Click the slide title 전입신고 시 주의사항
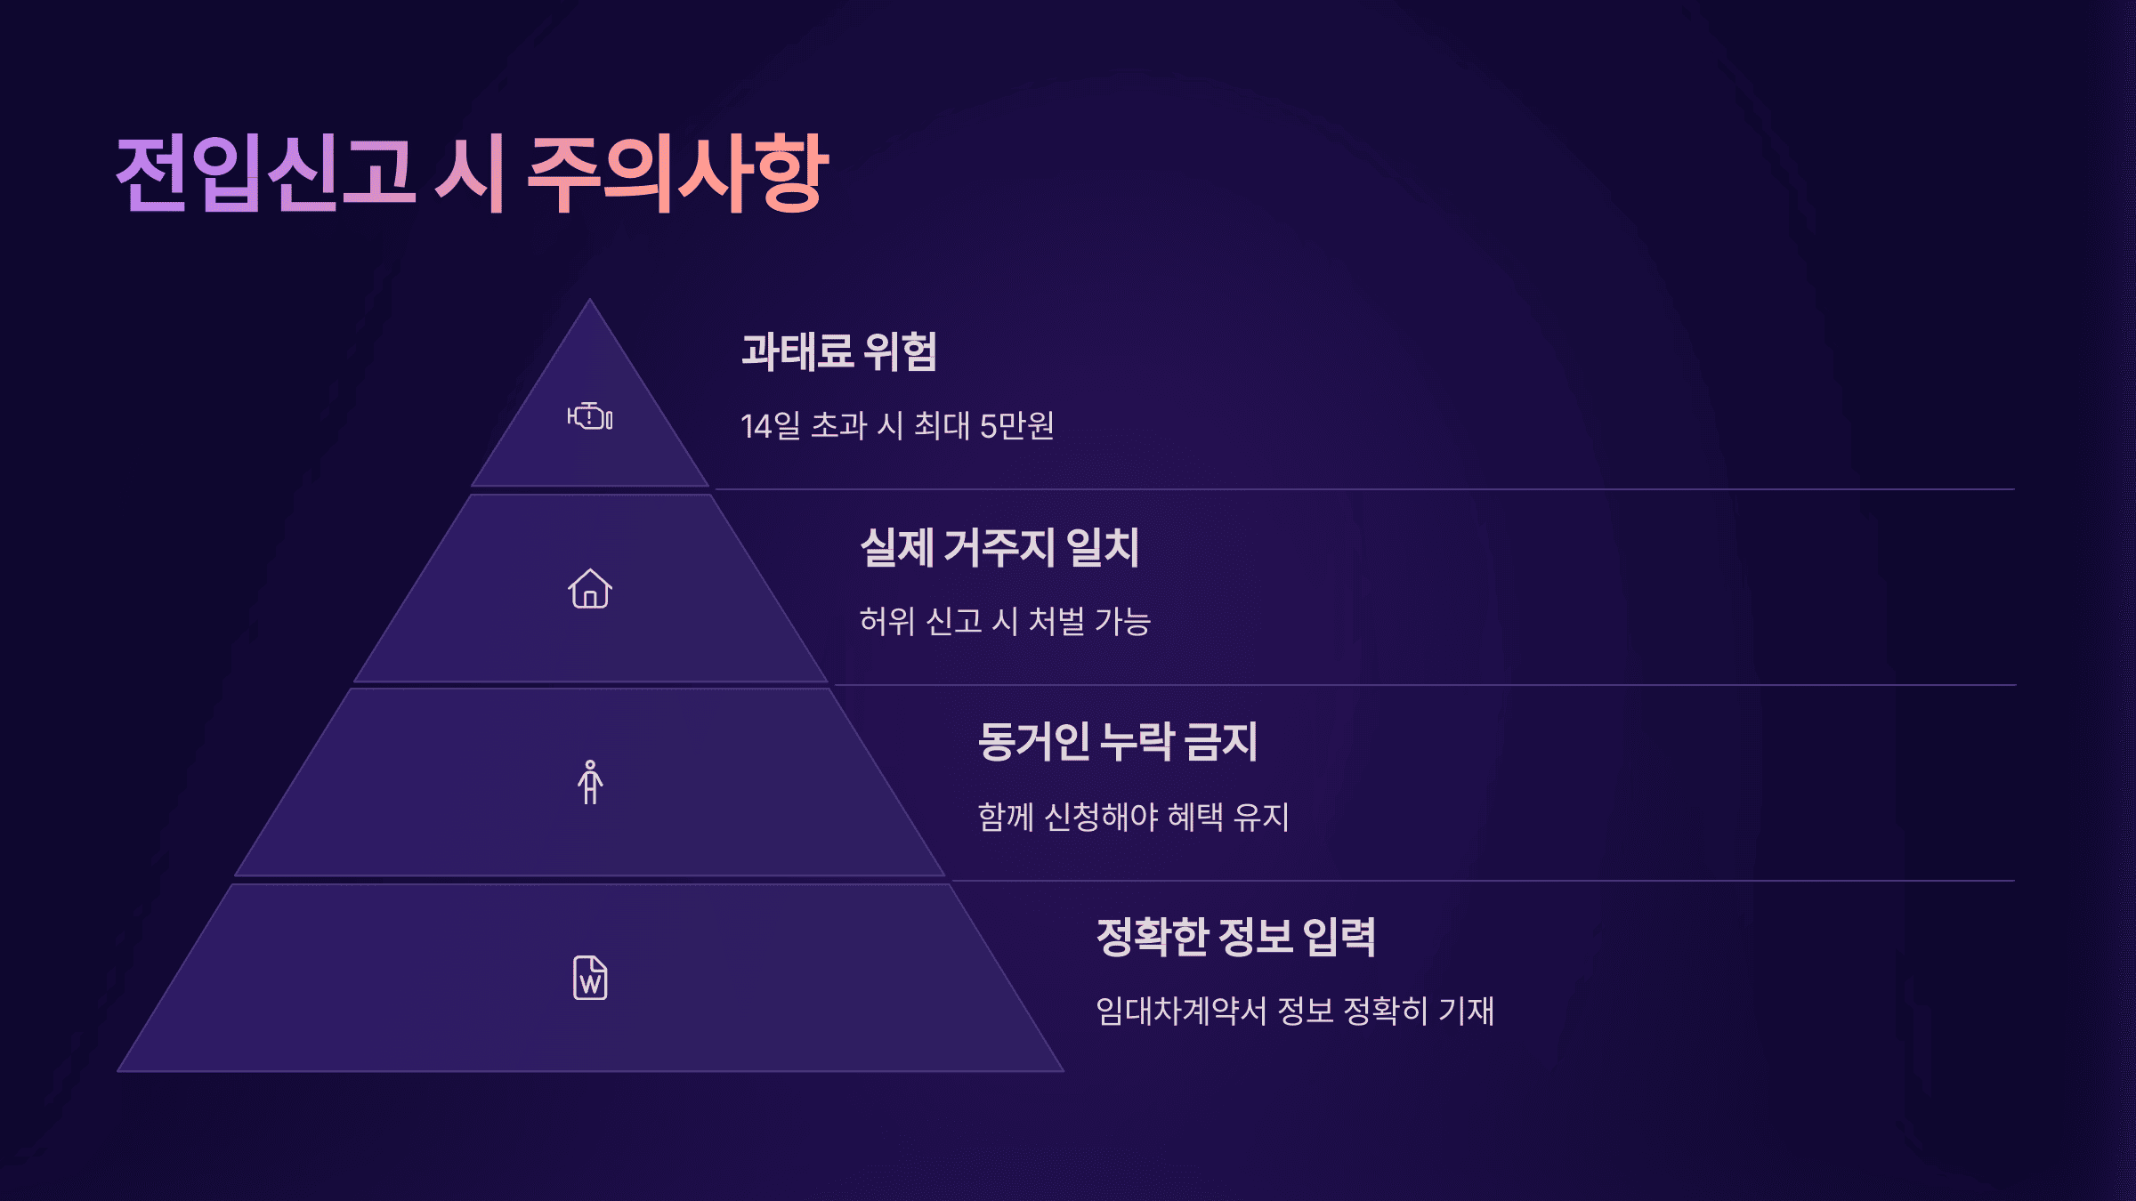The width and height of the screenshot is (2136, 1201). tap(472, 174)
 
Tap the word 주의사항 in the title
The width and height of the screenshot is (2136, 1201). tap(678, 174)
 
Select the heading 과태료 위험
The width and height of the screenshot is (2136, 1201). tap(839, 351)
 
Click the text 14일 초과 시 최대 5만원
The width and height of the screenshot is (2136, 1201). tap(897, 426)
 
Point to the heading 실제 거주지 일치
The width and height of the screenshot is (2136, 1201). tap(999, 547)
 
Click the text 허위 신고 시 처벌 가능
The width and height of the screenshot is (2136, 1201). tap(1005, 621)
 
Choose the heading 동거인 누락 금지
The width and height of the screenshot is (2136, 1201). tap(1118, 742)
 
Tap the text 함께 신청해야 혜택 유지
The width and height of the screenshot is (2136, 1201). tap(1133, 817)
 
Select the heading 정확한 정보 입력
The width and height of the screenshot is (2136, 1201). tap(1236, 937)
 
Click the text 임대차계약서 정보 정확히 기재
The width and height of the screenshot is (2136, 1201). tap(1295, 1012)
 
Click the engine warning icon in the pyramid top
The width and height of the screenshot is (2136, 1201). tap(590, 416)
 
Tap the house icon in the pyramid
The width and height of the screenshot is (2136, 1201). tap(590, 589)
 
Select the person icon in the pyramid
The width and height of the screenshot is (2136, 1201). tap(590, 783)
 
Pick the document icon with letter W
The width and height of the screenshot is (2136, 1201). tap(590, 978)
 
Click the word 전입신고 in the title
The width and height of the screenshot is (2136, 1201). tap(265, 174)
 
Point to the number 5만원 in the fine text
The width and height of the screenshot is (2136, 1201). tap(1016, 426)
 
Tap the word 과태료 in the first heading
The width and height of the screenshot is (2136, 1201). tap(797, 351)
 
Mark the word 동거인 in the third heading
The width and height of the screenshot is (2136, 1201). tap(1033, 742)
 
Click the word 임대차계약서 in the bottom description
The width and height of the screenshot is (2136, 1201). tap(1181, 1012)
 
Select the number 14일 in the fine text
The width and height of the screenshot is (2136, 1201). tap(771, 426)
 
